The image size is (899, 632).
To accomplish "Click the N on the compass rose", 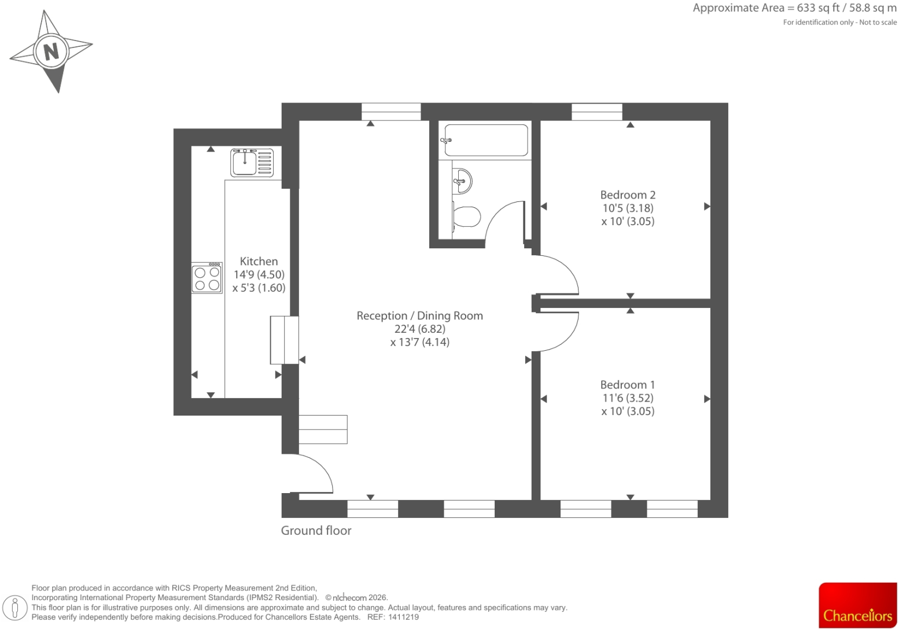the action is [51, 52].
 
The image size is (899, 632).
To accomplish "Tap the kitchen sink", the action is [252, 163].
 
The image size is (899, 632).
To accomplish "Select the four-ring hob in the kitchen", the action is [207, 278].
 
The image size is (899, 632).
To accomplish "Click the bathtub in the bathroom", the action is [486, 140].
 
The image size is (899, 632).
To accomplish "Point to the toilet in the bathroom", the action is [466, 217].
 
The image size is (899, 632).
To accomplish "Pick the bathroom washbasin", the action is [462, 181].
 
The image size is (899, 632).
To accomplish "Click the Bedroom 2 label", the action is [628, 195].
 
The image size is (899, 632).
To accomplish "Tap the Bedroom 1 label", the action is [628, 385].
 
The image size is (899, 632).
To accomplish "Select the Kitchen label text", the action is [259, 262].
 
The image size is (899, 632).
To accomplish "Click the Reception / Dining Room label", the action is [420, 316].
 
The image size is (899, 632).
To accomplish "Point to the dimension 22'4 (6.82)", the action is [420, 329].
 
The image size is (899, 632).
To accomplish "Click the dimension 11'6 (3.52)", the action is [628, 398].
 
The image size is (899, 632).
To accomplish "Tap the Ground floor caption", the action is [316, 531].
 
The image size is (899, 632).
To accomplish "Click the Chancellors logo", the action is [858, 605].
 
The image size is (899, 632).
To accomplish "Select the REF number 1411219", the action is [403, 617].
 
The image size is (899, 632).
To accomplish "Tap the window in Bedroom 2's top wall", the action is [597, 112].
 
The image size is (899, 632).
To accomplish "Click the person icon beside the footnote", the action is [15, 608].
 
